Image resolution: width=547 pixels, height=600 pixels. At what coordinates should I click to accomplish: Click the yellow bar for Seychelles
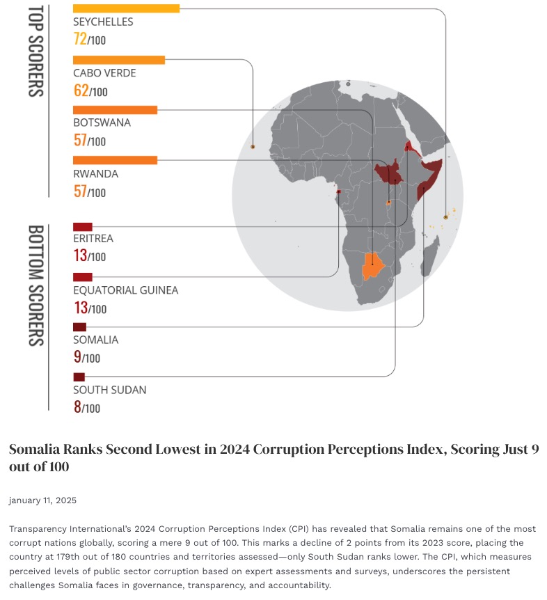pos(126,8)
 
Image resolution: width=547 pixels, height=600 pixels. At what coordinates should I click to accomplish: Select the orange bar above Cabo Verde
pos(119,60)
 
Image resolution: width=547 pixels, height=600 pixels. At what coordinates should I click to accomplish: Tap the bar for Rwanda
pos(115,160)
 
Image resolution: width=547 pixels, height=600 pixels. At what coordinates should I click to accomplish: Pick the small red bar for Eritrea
pos(83,227)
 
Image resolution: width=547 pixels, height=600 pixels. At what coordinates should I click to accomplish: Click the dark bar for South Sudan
pos(79,377)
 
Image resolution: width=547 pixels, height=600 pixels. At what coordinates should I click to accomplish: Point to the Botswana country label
pos(102,123)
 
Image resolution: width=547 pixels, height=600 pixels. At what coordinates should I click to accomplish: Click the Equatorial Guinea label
pos(126,290)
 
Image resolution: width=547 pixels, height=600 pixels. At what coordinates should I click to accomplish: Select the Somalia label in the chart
pos(95,340)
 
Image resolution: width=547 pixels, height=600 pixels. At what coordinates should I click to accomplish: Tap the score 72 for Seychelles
pos(80,39)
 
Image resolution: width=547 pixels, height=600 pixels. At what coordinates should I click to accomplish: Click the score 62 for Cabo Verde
pos(81,90)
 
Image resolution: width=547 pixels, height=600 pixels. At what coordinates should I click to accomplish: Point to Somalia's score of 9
pos(77,357)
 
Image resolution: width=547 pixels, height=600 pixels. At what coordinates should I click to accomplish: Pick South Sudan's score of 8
pos(77,406)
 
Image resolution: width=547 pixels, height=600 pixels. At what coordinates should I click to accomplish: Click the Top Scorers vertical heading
pos(35,51)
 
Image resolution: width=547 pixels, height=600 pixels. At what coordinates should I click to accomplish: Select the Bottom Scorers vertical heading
pos(35,285)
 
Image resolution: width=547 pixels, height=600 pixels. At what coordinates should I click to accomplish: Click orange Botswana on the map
pos(373,266)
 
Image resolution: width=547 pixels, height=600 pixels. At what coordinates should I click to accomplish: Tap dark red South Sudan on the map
pos(389,173)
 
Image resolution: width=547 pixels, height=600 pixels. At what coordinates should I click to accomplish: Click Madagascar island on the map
pos(430,255)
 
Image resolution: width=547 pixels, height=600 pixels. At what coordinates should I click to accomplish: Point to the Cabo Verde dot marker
pos(253,147)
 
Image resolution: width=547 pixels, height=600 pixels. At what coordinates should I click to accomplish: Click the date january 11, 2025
pos(42,500)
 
